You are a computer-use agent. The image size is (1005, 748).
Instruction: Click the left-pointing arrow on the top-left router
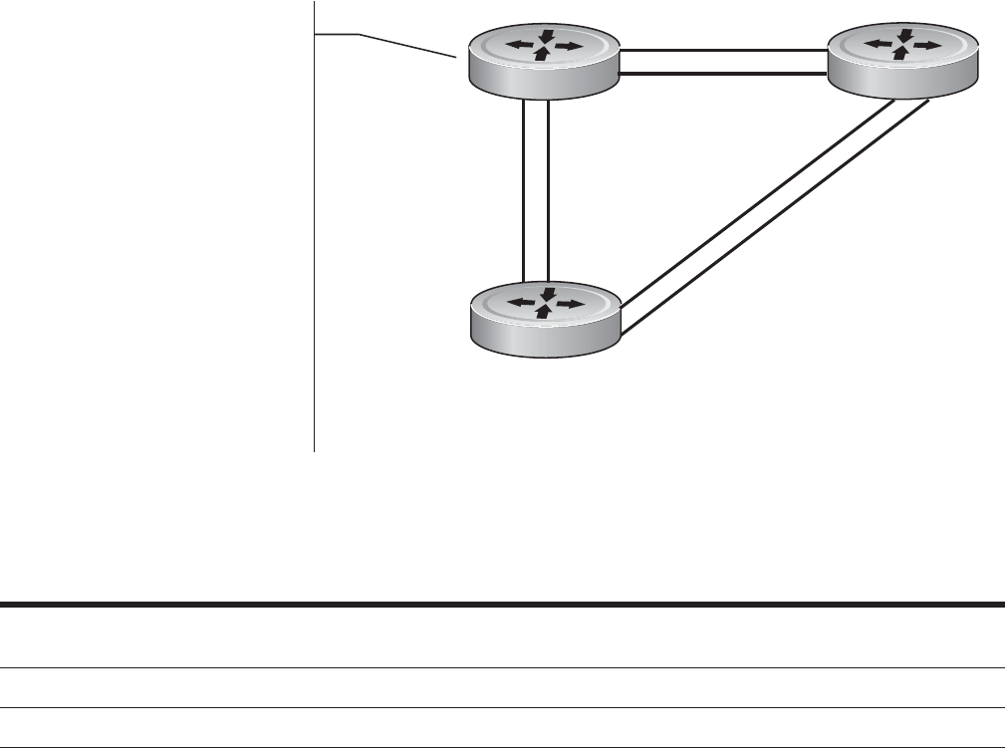[x=518, y=45]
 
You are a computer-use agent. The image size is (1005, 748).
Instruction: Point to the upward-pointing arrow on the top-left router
[x=541, y=55]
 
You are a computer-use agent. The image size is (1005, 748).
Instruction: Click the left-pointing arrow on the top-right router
[x=878, y=44]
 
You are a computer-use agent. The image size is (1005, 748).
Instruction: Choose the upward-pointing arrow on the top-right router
[x=900, y=54]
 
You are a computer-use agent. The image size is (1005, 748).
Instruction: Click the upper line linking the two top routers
[x=724, y=52]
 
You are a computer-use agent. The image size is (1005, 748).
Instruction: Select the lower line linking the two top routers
[x=724, y=74]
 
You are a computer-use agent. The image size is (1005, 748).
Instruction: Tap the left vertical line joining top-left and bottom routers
[x=523, y=189]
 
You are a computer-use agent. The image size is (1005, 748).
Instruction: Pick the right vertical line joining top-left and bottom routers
[x=549, y=189]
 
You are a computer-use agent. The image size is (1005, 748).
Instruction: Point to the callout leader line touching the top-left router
[x=398, y=44]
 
